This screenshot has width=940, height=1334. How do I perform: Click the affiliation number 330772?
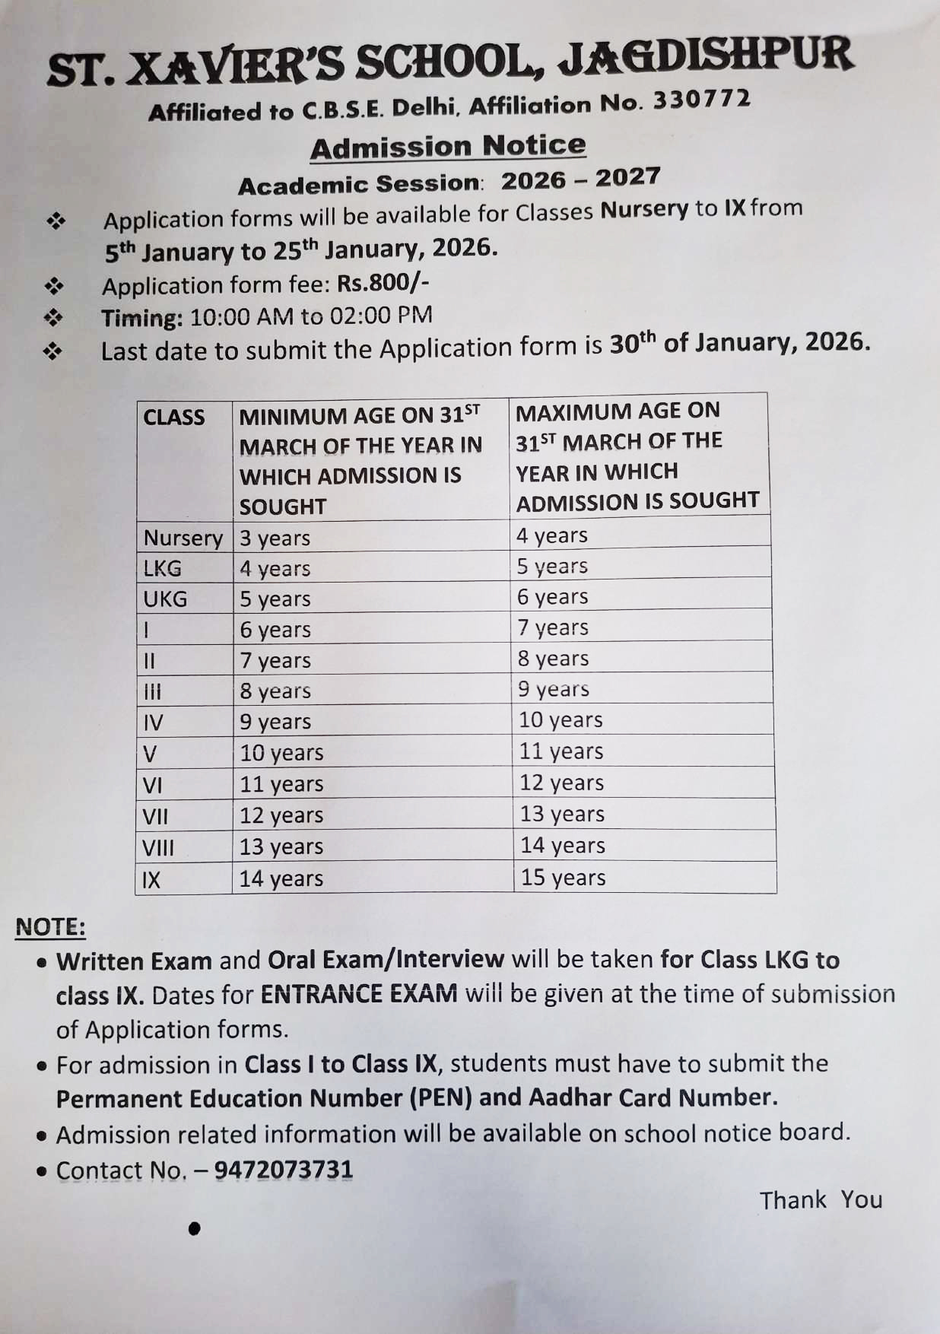point(701,100)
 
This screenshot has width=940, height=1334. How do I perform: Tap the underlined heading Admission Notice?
point(448,147)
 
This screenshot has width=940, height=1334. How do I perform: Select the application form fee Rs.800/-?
point(383,283)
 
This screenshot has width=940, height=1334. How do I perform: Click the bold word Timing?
point(142,318)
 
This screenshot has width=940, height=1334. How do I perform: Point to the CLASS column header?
point(174,418)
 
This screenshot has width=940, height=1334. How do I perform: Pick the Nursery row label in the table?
point(183,538)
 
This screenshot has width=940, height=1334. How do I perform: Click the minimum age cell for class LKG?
point(275,569)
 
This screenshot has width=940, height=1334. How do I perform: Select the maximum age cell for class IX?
point(563,878)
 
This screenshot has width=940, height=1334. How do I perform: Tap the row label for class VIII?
point(158,847)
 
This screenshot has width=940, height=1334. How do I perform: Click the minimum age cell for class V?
point(281,753)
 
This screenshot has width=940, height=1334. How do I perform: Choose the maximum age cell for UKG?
point(552,597)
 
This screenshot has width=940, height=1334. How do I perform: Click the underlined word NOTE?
point(50,927)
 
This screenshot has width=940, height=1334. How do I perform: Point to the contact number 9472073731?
point(284,1170)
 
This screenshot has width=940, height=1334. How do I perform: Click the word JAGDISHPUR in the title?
point(707,59)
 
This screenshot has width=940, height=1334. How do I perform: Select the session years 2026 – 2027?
point(580,179)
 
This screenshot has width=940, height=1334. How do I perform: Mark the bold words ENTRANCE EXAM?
point(359,994)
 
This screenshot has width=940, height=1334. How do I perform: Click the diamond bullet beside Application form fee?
point(55,287)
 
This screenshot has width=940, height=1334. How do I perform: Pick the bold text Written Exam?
point(134,961)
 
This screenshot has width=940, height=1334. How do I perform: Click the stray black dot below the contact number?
point(194,1228)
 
